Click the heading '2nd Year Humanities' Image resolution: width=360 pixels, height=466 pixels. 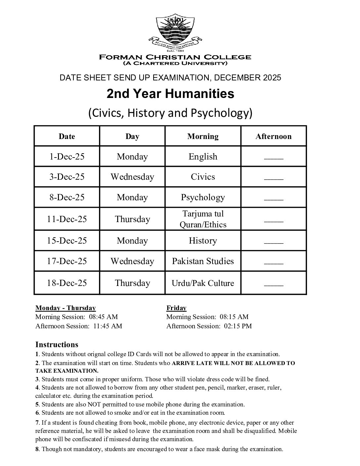[x=170, y=94]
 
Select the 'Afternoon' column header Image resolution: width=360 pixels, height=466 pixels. [x=273, y=136]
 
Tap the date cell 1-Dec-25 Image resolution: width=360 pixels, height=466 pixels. [x=67, y=157]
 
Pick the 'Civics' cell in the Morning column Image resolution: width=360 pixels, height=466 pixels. [x=203, y=177]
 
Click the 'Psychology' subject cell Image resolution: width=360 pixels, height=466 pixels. [x=203, y=197]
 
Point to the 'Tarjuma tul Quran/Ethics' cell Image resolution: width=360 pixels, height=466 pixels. [x=203, y=219]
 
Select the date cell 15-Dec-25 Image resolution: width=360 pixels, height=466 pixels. [x=67, y=241]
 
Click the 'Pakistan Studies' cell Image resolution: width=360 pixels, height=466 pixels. [x=203, y=261]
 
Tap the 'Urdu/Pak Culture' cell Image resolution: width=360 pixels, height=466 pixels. [x=203, y=283]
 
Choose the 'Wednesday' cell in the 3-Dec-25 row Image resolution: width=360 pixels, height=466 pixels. [x=132, y=177]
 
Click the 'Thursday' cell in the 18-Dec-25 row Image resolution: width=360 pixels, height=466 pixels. [x=132, y=283]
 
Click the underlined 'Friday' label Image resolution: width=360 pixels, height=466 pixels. [x=176, y=308]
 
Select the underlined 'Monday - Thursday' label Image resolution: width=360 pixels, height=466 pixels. [x=66, y=308]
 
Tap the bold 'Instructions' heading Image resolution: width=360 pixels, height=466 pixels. [x=57, y=345]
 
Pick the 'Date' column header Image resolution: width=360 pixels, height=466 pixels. [x=67, y=136]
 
